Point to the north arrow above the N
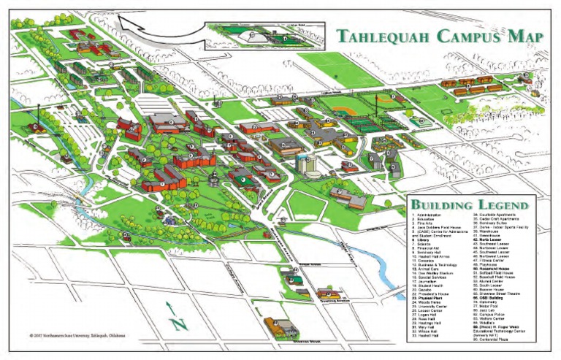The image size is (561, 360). pyautogui.click(x=169, y=307)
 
